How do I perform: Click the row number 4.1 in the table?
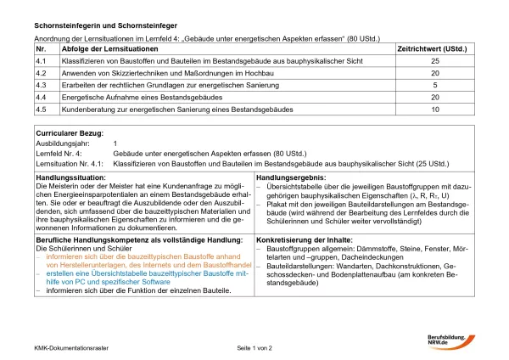click(41, 62)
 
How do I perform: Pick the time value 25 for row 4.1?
click(435, 62)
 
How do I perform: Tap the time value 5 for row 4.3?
click(435, 86)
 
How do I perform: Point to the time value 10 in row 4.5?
click(435, 110)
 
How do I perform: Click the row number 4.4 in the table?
click(41, 98)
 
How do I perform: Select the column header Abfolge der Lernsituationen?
click(104, 50)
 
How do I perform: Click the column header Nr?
click(40, 50)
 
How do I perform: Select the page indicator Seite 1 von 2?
click(255, 348)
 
